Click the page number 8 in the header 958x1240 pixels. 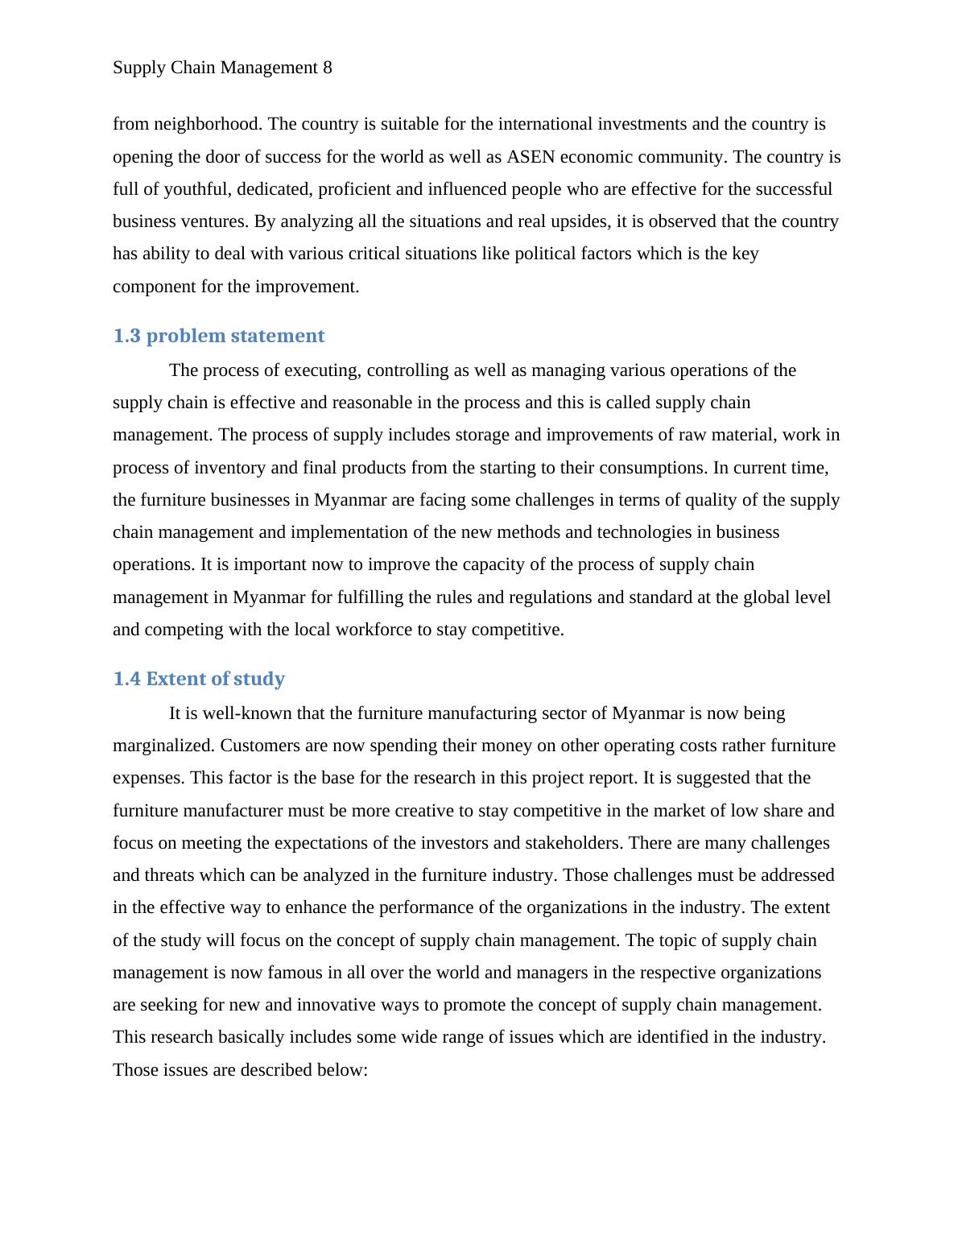[327, 68]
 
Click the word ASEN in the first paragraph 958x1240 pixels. [531, 156]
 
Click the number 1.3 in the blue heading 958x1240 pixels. [126, 336]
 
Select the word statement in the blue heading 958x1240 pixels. [278, 336]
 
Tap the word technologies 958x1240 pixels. [613, 532]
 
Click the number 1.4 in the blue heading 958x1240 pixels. [126, 679]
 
